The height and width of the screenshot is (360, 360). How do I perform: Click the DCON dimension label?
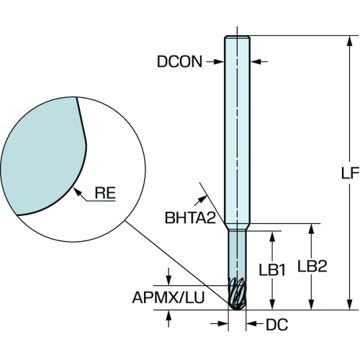(179, 61)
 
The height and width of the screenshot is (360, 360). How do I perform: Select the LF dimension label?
(350, 173)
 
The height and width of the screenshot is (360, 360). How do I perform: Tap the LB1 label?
(272, 270)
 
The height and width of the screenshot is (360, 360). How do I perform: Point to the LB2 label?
(312, 266)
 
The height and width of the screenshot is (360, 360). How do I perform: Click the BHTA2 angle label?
(190, 218)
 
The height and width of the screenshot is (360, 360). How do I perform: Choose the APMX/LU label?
(168, 297)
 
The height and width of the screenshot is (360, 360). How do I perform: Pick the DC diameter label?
(276, 325)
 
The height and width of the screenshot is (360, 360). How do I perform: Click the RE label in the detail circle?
(105, 193)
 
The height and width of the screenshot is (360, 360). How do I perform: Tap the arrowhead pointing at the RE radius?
(76, 192)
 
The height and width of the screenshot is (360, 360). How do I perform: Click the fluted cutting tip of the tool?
(237, 294)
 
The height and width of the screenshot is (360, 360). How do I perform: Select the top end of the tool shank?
(238, 37)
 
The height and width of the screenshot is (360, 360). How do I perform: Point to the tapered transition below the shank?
(237, 227)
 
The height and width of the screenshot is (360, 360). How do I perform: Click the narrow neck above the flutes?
(237, 254)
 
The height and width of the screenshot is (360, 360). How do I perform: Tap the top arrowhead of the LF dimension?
(350, 41)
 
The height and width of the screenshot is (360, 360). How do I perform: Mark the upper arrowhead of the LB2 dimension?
(311, 229)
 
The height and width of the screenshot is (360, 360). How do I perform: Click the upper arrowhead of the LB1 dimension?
(272, 236)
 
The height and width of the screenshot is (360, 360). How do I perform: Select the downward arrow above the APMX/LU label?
(168, 276)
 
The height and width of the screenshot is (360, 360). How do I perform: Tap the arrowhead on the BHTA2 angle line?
(203, 199)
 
